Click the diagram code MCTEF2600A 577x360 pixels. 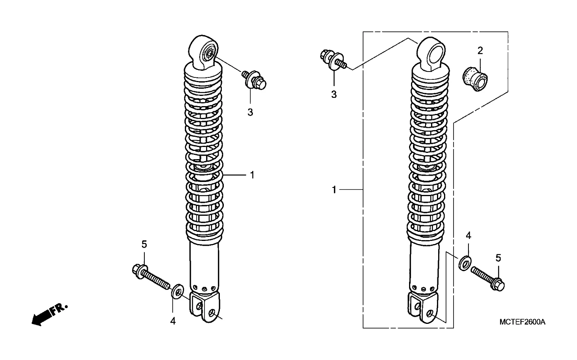(x=522, y=322)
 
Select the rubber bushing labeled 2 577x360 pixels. (x=475, y=79)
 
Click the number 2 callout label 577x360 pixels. (x=480, y=51)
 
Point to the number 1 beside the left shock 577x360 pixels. (x=252, y=175)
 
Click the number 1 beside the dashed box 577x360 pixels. (x=334, y=190)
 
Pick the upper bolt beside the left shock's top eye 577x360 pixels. (x=254, y=80)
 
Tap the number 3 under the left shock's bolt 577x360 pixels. (x=250, y=112)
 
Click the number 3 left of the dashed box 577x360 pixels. (x=334, y=94)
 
